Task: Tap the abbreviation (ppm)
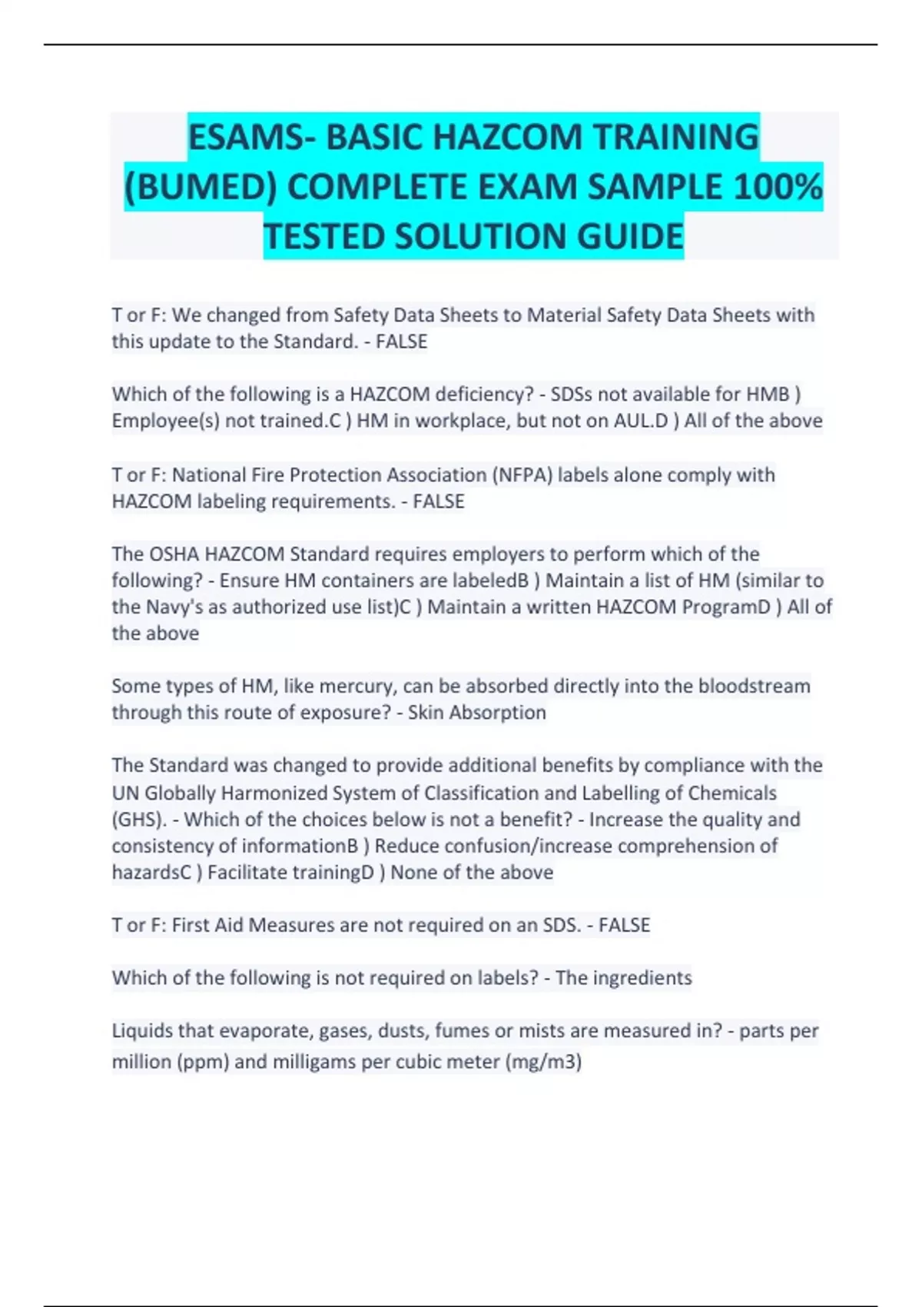[202, 1062]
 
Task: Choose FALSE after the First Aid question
[624, 925]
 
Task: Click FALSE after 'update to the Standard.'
[401, 342]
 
